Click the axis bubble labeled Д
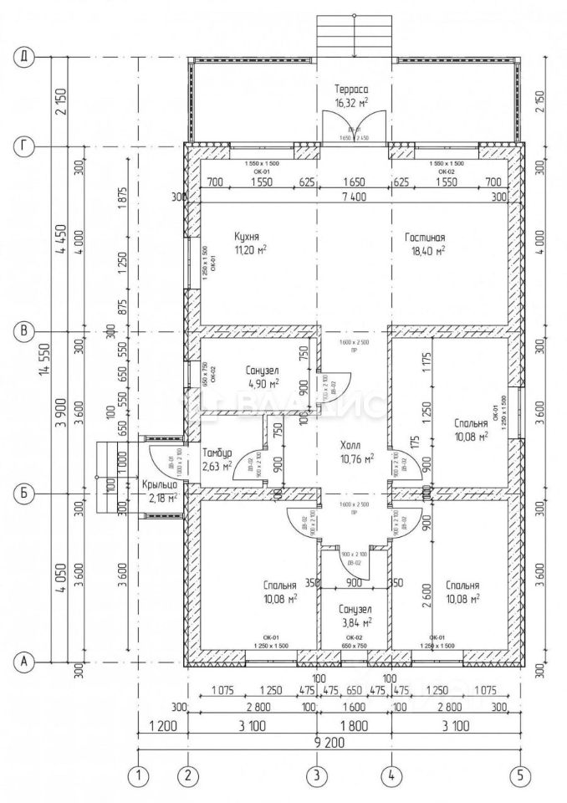click(26, 57)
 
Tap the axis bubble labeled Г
click(26, 146)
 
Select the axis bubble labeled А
click(26, 662)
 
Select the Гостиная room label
click(427, 237)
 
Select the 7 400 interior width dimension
click(352, 197)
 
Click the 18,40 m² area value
click(427, 249)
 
